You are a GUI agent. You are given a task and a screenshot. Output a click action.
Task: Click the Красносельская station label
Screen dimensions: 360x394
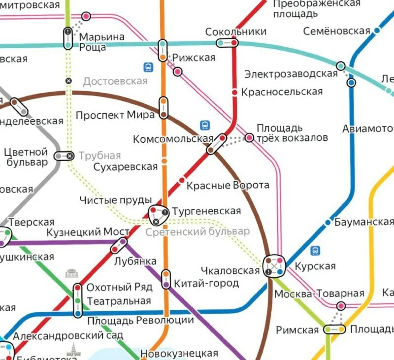(283, 92)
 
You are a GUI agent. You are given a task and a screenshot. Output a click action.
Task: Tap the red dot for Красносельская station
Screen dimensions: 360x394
(235, 92)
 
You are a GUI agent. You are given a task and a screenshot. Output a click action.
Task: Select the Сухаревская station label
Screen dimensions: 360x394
(126, 166)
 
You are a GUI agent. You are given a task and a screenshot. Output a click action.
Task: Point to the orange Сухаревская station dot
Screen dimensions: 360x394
(164, 161)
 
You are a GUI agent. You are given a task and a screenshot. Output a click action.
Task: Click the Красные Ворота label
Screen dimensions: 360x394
(228, 185)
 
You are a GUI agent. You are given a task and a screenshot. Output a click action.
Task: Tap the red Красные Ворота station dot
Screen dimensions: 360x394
(182, 180)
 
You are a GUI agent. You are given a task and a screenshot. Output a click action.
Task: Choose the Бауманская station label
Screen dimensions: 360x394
(364, 222)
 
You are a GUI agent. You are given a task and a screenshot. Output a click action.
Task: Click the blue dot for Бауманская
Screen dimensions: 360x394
(328, 223)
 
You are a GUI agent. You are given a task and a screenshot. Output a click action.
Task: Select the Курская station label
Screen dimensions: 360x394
(315, 266)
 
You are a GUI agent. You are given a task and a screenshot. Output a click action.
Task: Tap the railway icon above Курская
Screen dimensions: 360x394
(315, 251)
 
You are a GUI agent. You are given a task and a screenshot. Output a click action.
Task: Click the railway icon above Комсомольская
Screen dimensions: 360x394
(205, 125)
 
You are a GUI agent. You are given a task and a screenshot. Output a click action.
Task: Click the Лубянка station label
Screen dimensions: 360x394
(135, 261)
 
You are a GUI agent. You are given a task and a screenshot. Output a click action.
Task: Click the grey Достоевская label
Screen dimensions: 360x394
(115, 81)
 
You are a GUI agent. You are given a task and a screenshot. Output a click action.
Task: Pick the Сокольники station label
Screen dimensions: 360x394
(235, 32)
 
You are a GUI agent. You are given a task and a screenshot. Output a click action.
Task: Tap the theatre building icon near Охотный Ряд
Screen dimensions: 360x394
(70, 273)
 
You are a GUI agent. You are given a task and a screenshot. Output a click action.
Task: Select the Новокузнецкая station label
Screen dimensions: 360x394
(179, 353)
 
